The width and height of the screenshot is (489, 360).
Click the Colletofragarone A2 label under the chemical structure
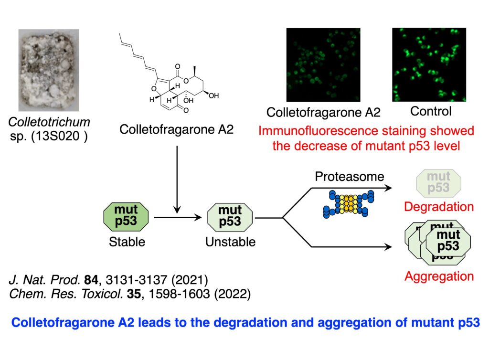pyautogui.click(x=176, y=129)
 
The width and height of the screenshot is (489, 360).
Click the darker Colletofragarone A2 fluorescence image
pyautogui.click(x=323, y=65)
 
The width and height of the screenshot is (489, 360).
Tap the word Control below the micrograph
pyautogui.click(x=430, y=112)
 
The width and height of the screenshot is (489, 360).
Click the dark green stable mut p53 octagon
pyautogui.click(x=126, y=216)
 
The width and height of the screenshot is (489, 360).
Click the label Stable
pyautogui.click(x=127, y=242)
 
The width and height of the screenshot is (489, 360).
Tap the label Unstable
pyautogui.click(x=230, y=242)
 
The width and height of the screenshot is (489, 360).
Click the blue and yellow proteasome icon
pyautogui.click(x=348, y=205)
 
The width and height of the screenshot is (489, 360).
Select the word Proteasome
pyautogui.click(x=350, y=177)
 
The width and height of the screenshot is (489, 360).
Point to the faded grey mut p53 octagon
pyautogui.click(x=438, y=182)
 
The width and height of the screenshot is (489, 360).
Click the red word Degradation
pyautogui.click(x=438, y=207)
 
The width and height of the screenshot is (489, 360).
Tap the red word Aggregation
pyautogui.click(x=438, y=276)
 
